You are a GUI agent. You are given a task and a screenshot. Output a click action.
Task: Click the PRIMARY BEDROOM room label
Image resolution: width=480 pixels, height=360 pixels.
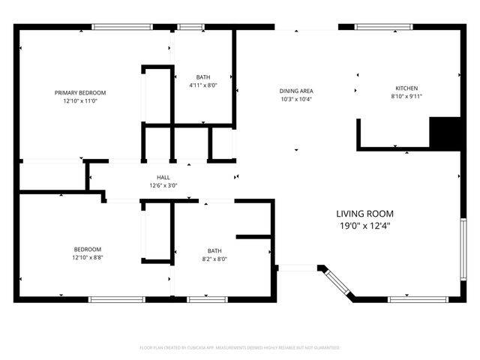coord(80,92)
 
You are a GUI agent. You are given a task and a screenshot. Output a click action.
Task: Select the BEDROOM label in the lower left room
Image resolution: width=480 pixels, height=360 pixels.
coord(87,249)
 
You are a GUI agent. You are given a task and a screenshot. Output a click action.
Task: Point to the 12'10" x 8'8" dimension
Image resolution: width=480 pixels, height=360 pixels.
coord(87,257)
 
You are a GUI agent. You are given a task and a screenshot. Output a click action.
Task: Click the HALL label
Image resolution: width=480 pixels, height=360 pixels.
coord(163,178)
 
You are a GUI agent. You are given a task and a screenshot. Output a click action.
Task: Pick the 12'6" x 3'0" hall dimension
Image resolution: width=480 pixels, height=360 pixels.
coord(163,185)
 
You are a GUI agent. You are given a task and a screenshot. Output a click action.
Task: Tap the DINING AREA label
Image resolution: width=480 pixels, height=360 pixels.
coord(295,91)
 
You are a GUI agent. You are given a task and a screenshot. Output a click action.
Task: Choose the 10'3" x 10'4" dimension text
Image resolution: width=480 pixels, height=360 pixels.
coord(295,99)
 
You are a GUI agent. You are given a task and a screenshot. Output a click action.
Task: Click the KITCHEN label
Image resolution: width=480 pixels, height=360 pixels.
coord(406,88)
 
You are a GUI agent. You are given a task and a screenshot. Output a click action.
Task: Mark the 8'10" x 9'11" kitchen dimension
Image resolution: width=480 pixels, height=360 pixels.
coord(406,96)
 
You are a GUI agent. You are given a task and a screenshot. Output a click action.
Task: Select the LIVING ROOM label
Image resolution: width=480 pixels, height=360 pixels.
coord(364,214)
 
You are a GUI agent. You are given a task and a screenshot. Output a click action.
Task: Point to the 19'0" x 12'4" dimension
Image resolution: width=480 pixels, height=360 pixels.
coord(364,225)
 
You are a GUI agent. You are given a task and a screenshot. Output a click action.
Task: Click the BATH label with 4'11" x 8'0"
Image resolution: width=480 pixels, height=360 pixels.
coord(203,77)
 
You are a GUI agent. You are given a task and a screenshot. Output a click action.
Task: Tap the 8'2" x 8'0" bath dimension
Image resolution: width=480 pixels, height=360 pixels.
coord(215,259)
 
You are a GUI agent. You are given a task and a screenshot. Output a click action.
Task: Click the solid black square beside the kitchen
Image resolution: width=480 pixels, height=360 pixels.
coord(444,133)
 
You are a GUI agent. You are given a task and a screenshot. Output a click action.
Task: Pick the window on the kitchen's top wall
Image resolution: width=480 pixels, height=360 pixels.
coord(382,28)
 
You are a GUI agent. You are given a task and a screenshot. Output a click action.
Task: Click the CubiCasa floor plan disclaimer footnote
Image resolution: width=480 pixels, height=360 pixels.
coord(240,348)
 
